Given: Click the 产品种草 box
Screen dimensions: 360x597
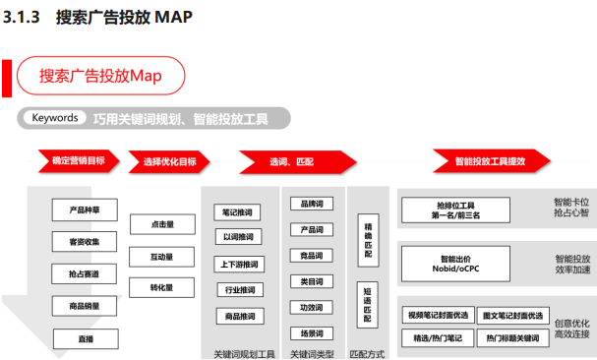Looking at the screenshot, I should (84, 210).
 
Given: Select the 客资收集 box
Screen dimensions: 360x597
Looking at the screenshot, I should (84, 242).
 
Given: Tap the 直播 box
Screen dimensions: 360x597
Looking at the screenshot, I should (84, 338).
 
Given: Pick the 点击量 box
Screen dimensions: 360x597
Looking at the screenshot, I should (161, 225).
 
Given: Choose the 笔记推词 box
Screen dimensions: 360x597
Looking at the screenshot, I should (238, 211).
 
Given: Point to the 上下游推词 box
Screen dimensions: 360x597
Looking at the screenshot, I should (238, 265).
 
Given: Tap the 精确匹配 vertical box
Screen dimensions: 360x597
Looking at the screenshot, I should (368, 237).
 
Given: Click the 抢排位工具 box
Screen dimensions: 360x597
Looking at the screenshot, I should (454, 209).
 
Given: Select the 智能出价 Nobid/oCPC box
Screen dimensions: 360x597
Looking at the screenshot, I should (454, 261).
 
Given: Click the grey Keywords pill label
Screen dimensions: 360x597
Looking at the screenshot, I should (54, 118).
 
